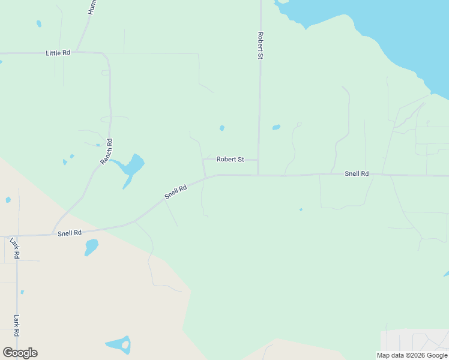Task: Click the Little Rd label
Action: coord(58,53)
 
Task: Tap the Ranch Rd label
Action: coord(106,151)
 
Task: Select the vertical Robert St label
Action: coord(261,45)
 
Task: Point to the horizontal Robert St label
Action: coord(230,160)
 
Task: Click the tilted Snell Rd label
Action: coord(176,192)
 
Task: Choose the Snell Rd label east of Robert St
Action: coord(356,173)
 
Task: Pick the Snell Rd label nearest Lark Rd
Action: coord(70,233)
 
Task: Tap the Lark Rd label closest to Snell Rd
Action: coord(15,248)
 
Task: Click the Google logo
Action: coord(20,353)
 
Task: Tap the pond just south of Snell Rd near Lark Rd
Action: coord(91,246)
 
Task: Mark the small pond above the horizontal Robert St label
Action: coord(222,128)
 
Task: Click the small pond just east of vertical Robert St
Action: coord(276,127)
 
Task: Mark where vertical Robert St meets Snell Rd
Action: coord(258,175)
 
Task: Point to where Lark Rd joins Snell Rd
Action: coord(17,235)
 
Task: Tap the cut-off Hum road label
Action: coord(92,7)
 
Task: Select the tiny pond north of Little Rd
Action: coord(39,24)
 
